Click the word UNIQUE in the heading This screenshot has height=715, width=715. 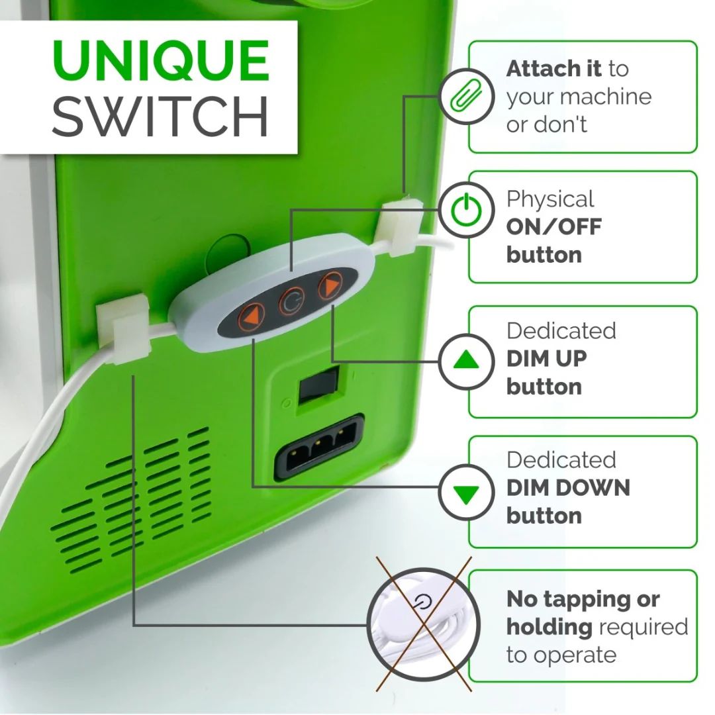coord(160,61)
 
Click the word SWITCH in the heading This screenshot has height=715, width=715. coord(160,117)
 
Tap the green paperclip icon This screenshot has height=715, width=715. coord(467,96)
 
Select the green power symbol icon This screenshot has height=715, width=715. coord(467,210)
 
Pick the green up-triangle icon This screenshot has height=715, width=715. coord(467,361)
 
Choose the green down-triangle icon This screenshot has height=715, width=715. coord(467,493)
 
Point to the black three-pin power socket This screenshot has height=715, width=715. coord(320,448)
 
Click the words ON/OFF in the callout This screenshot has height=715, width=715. coord(553,227)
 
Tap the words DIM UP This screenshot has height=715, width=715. coord(546,359)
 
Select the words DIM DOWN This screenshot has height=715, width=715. coord(568,488)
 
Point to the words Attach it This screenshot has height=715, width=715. coord(553,68)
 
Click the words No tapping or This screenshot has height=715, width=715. coord(583,599)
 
